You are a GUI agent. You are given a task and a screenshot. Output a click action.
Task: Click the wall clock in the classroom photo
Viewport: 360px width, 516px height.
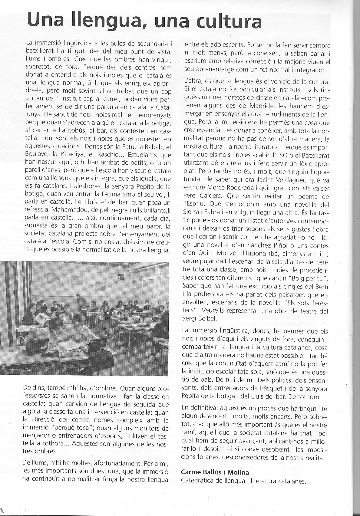tap(121, 276)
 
